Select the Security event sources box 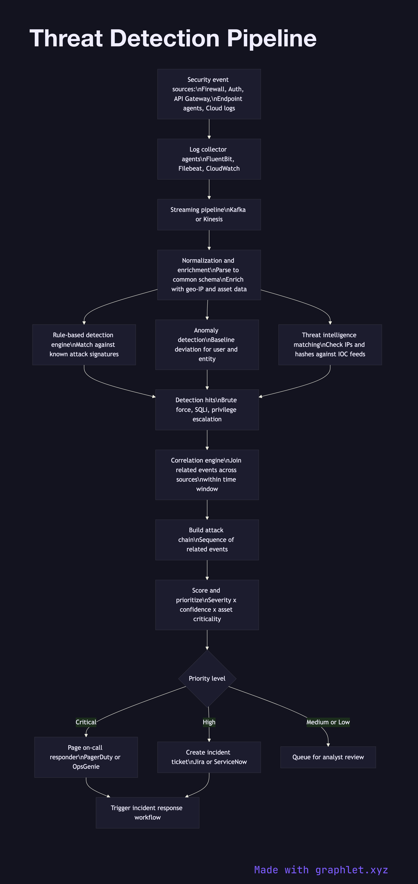point(209,94)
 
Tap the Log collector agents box point(209,159)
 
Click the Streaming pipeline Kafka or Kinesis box point(209,214)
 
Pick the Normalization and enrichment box point(209,275)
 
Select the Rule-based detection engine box point(84,345)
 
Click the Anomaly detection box point(207,345)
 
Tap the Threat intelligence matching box point(330,345)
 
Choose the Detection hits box point(207,409)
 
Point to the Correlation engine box point(207,475)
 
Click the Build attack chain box point(207,539)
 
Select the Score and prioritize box point(207,605)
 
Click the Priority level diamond point(207,678)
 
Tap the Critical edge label point(86,722)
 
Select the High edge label point(209,722)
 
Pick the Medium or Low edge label point(328,722)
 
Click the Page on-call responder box point(86,757)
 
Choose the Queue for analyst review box point(328,757)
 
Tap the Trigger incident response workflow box point(147,813)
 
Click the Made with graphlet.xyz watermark point(321,870)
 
